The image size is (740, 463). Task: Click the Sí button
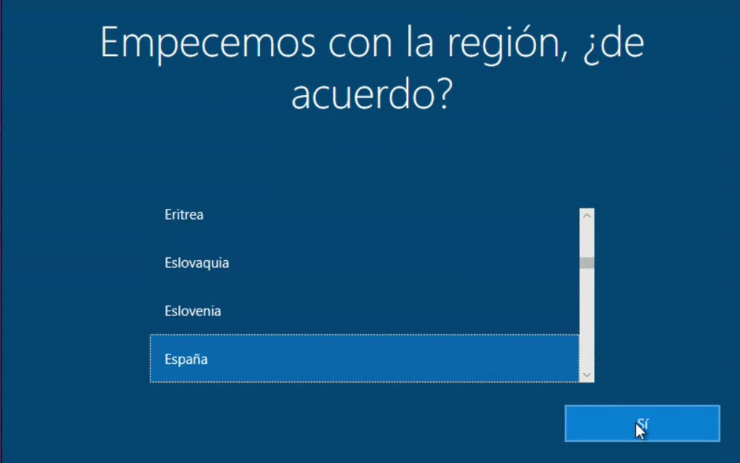[642, 423]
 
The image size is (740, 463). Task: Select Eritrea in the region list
[184, 215]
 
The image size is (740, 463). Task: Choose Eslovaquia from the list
[197, 263]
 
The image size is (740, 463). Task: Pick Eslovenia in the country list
[193, 311]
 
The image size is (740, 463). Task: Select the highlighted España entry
[364, 359]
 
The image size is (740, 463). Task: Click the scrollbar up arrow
[587, 216]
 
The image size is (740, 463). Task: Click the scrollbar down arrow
[587, 375]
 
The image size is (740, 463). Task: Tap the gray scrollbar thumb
[587, 263]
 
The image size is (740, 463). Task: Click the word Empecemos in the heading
[208, 44]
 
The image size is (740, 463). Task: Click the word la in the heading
[419, 44]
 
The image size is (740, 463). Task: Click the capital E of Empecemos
[110, 43]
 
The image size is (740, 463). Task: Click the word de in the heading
[623, 43]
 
